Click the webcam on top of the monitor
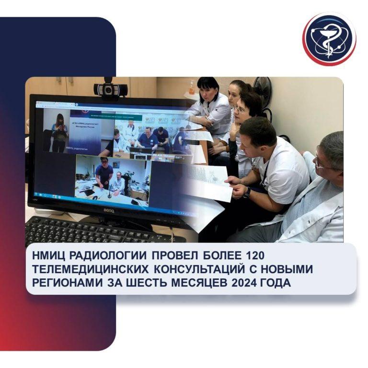[x=110, y=89]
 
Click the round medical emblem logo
[x=329, y=38]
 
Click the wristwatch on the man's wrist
[x=246, y=192]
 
